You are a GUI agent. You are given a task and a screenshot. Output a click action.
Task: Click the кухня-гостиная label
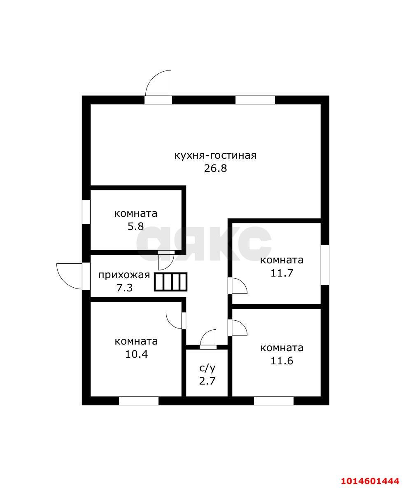(x=215, y=155)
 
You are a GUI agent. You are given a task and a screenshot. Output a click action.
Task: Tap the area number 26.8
(x=215, y=169)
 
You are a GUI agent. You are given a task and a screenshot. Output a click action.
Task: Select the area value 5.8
(x=135, y=226)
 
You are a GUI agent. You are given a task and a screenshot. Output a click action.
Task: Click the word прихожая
(x=124, y=275)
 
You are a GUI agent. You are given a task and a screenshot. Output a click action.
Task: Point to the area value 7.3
(x=124, y=288)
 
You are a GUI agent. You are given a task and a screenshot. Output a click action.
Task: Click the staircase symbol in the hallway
(x=171, y=282)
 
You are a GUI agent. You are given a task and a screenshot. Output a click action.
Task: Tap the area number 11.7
(x=282, y=273)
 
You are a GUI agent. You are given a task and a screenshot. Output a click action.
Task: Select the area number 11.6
(x=282, y=361)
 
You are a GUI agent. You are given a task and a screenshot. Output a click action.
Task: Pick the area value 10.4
(x=136, y=354)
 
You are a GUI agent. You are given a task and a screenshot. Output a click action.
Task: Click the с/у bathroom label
(x=207, y=368)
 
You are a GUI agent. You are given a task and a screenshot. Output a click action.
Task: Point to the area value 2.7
(x=207, y=381)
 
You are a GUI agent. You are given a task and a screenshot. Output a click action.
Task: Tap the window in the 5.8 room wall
(x=86, y=212)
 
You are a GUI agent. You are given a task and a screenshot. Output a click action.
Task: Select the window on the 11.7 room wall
(x=325, y=265)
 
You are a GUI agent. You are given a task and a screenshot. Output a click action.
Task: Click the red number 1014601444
(x=370, y=481)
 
